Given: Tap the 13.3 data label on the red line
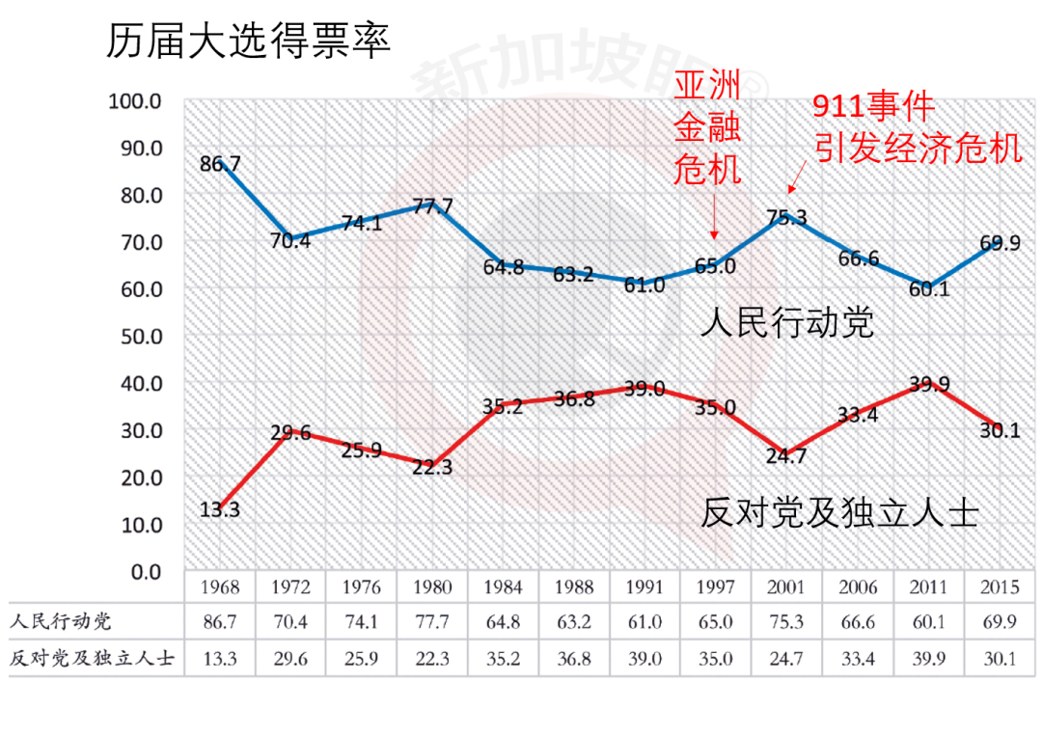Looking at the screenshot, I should point(220,510).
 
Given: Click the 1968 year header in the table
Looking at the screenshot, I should point(220,586).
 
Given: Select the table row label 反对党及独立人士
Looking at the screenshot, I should point(94,660).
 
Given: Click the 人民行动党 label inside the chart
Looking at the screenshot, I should point(787,322).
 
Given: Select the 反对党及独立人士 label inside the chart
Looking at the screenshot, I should point(839,512).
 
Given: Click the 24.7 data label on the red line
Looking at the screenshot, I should point(786,457).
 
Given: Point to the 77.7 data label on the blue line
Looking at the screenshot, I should point(432,205).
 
